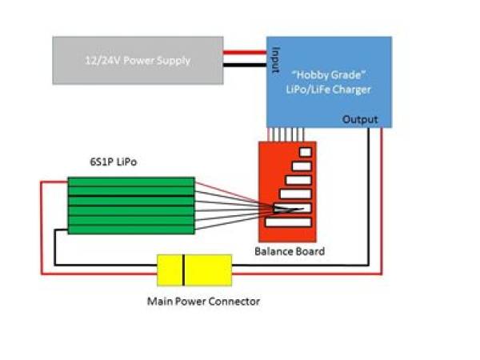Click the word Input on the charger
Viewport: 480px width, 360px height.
275,58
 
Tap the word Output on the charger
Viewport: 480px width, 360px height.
359,119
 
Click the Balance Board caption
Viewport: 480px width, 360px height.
289,251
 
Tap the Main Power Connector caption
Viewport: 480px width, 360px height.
203,302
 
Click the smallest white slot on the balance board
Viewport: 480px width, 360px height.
305,151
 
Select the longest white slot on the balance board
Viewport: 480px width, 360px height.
289,222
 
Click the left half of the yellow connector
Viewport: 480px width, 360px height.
170,270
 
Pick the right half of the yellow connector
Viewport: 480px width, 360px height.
208,270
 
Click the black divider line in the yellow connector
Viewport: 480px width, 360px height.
185,270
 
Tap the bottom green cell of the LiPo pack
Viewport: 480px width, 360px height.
130,230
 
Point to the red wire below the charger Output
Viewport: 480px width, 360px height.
382,200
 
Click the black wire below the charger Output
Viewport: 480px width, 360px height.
368,200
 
